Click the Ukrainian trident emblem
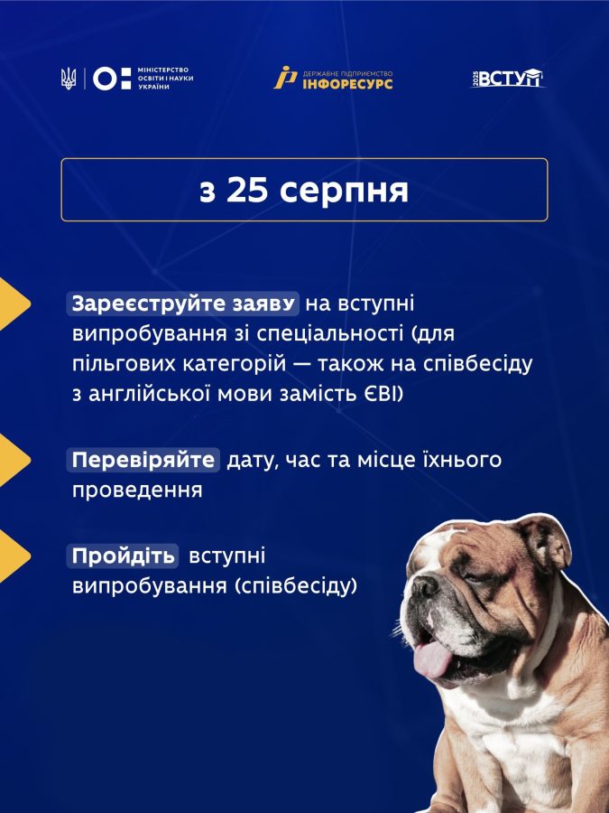(69, 79)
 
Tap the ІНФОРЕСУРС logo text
(347, 83)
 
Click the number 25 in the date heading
(247, 191)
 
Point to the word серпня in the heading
(344, 192)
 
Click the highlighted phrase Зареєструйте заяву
(183, 304)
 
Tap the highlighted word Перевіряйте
(143, 460)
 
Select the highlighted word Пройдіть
(123, 556)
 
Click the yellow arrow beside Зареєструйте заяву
(14, 304)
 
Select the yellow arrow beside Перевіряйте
(14, 460)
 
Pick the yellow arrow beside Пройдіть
(14, 556)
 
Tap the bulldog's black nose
(425, 587)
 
